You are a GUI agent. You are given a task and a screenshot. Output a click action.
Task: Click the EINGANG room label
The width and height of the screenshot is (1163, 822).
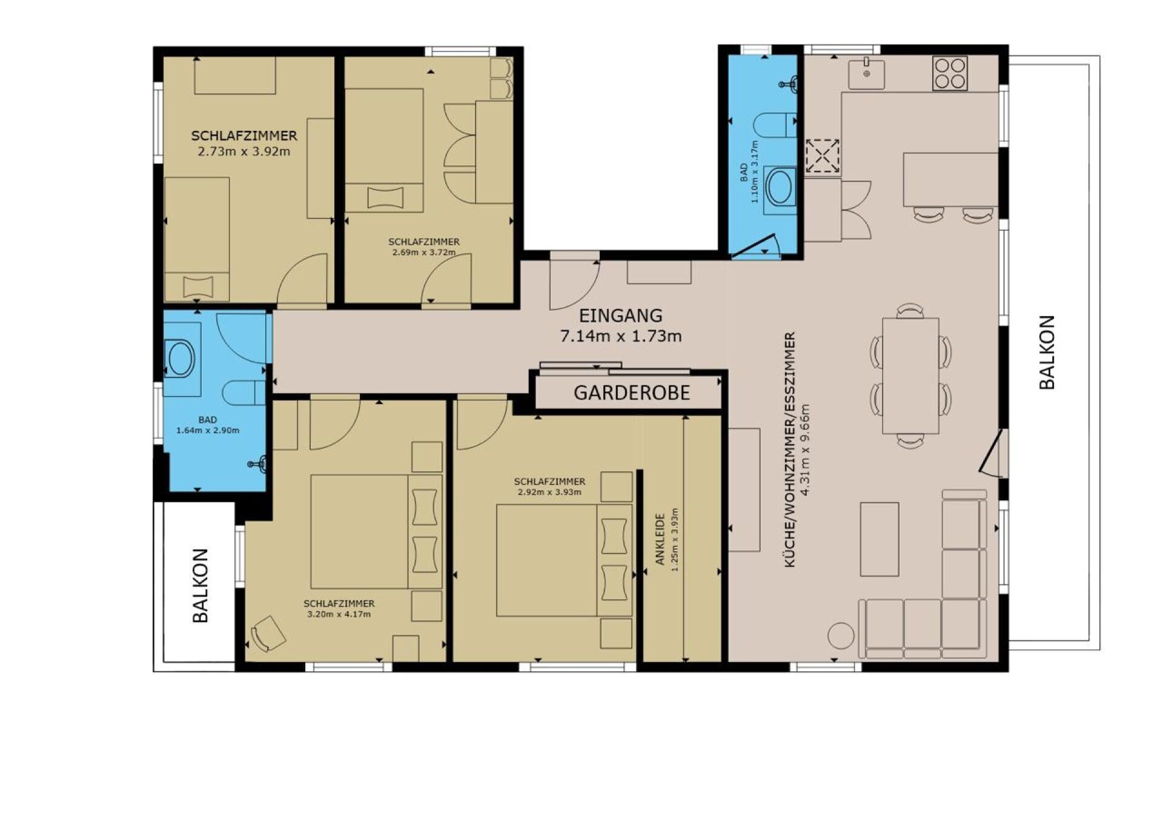(620, 316)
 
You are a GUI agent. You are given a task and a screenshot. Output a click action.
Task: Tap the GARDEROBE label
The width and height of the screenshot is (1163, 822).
(631, 393)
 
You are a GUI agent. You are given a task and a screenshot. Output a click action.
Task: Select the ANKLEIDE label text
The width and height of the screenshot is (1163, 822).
(660, 539)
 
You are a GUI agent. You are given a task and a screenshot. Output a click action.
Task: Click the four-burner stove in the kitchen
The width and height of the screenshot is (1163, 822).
(950, 73)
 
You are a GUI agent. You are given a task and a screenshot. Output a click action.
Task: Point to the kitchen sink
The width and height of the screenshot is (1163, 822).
(867, 74)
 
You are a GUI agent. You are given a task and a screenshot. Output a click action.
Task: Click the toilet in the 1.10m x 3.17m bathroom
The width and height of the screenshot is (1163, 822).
(775, 125)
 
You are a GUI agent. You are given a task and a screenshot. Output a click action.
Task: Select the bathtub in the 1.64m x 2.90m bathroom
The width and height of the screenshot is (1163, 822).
(181, 359)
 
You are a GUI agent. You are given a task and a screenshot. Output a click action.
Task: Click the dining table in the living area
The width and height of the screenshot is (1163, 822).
(910, 376)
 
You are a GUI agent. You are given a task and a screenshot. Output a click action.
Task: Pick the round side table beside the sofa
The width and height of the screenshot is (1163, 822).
(841, 635)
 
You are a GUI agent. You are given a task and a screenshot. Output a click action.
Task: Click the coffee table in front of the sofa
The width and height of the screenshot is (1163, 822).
(880, 539)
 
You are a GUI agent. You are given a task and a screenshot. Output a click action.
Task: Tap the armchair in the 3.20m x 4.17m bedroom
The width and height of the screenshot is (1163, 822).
(268, 634)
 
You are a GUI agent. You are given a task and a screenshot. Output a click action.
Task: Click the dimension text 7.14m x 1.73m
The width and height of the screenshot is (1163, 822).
(621, 336)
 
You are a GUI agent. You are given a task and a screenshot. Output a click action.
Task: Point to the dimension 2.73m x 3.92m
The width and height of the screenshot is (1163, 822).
(244, 151)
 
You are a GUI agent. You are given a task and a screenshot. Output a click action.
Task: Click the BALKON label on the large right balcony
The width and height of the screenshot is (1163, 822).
(1047, 352)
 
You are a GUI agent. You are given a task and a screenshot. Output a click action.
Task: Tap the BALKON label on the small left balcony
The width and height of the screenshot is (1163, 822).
(200, 585)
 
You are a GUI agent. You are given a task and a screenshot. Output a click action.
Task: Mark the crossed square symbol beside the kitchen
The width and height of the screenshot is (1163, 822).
(822, 156)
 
